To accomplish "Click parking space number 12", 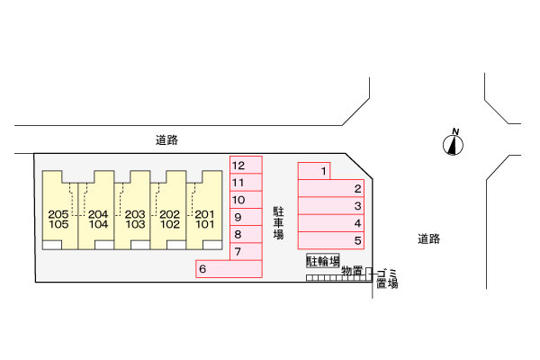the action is [x=246, y=165].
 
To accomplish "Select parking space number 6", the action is [x=229, y=269].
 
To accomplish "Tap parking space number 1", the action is [x=314, y=171].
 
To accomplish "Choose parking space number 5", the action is [x=331, y=240].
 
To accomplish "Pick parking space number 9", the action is [x=246, y=217].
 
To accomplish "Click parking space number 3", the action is [x=331, y=206].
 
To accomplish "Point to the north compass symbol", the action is [x=453, y=145].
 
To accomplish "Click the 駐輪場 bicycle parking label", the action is [x=323, y=261].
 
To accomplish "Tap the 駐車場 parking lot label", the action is [x=278, y=223].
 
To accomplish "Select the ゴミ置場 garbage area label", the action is [x=387, y=279].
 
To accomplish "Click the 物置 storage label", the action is [x=352, y=271].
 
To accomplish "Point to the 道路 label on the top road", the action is [x=166, y=140].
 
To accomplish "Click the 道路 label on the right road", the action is [x=428, y=238].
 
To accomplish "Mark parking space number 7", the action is [x=246, y=251].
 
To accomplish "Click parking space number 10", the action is [x=246, y=200].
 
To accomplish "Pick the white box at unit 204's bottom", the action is [x=104, y=245].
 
